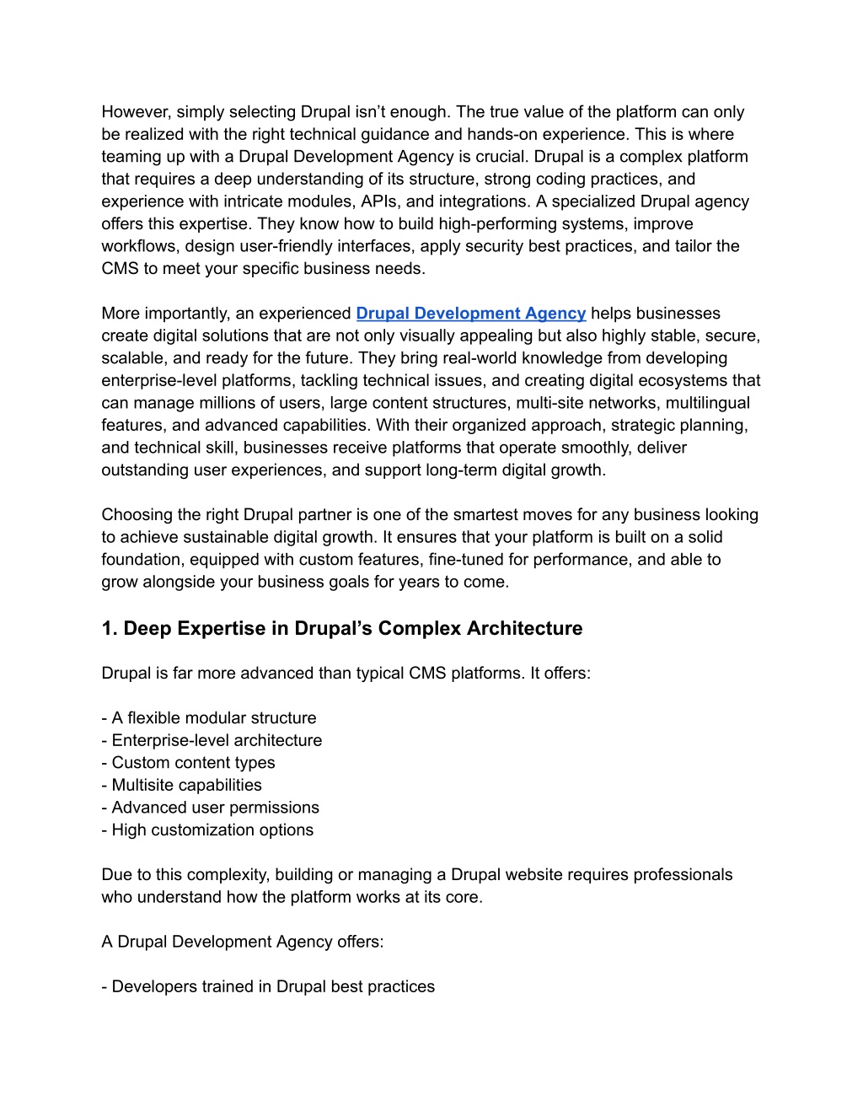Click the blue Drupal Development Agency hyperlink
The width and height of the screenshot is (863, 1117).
tap(470, 314)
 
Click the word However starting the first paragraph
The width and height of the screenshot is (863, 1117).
tap(136, 112)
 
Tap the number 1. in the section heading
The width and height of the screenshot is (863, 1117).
tap(110, 629)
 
